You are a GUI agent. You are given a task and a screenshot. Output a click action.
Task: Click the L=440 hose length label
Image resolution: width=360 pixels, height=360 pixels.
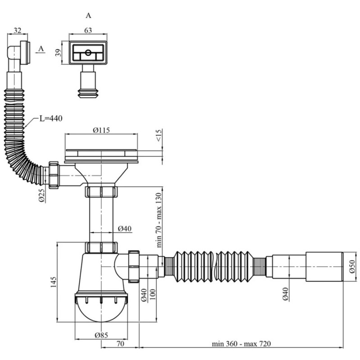[x=51, y=118]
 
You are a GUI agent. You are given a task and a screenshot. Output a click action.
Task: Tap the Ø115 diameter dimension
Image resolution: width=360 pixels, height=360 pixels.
[x=101, y=130]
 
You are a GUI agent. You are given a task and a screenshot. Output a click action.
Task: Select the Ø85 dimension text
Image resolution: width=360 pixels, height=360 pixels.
[x=101, y=335]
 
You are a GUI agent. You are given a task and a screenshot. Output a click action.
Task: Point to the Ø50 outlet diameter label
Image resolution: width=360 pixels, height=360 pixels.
[x=352, y=266]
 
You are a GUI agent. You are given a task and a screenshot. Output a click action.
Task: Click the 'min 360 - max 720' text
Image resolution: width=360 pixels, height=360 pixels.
[x=241, y=344]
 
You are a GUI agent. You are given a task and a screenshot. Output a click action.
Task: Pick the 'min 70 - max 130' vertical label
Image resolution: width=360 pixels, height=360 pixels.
[x=159, y=220]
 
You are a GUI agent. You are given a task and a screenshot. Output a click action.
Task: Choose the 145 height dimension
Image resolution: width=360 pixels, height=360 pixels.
[x=53, y=282]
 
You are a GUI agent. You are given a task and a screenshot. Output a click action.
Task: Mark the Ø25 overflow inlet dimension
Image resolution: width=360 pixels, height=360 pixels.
[x=41, y=196]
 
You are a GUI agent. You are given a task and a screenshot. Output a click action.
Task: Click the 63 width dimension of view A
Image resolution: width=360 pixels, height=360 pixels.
[x=88, y=30]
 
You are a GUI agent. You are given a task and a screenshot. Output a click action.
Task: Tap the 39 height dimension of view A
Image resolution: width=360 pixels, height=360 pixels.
[x=59, y=53]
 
